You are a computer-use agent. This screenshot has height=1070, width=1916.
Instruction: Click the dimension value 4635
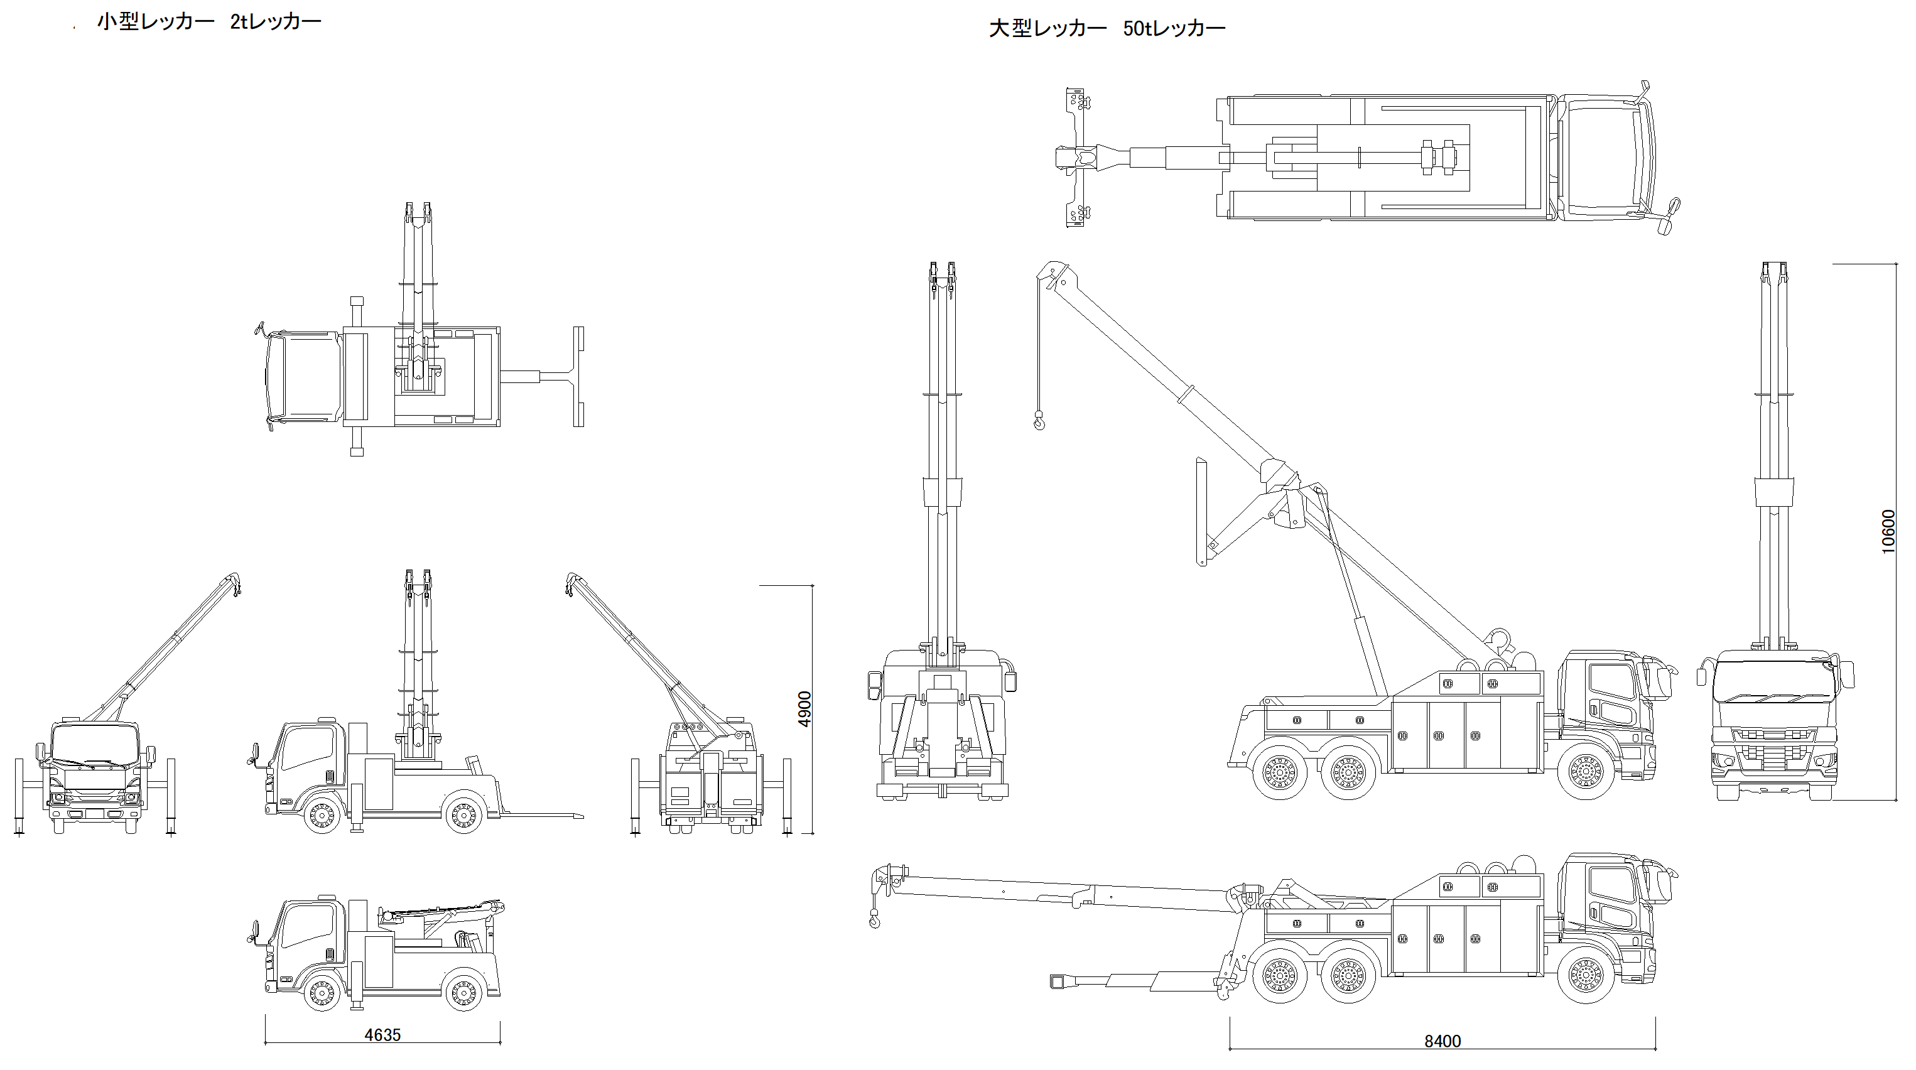(382, 1034)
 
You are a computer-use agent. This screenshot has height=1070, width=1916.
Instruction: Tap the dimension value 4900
(804, 710)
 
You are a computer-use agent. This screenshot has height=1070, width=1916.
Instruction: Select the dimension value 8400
(1442, 1041)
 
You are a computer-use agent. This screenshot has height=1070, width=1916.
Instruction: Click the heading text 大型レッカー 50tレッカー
(1107, 29)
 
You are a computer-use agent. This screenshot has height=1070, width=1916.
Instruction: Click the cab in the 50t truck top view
(1606, 158)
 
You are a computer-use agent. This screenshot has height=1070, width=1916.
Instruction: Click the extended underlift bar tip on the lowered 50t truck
(1058, 981)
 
